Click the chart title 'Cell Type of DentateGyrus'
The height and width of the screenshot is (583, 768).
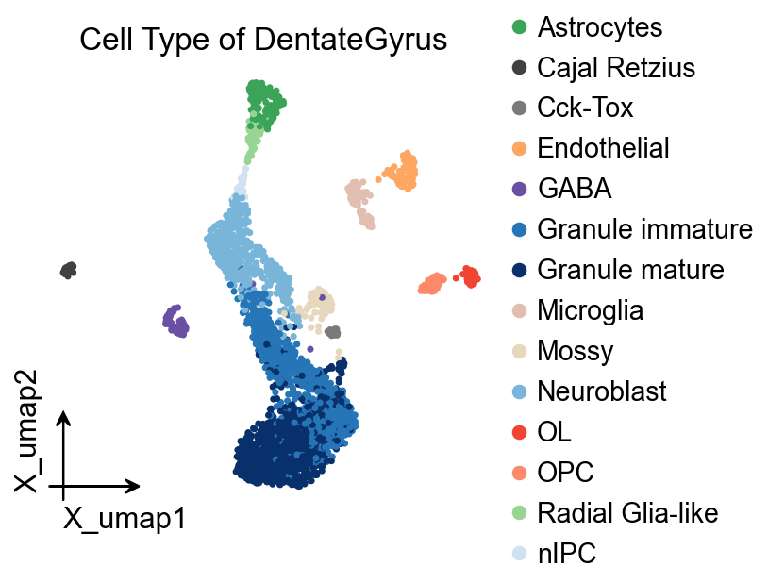[263, 42]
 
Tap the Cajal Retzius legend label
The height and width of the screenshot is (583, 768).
[616, 68]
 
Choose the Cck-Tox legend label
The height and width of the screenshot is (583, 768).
[585, 108]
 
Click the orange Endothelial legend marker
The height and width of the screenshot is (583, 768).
[518, 148]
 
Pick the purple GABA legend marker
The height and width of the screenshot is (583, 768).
[518, 189]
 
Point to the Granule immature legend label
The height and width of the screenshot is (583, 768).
[644, 229]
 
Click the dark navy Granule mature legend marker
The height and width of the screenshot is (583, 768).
[518, 270]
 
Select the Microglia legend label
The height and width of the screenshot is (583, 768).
[591, 310]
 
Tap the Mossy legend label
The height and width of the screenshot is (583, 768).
[576, 351]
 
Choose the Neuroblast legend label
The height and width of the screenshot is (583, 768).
[602, 391]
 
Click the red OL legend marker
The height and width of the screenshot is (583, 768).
[518, 431]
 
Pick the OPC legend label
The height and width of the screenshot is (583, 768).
[565, 472]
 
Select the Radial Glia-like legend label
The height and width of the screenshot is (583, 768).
[627, 512]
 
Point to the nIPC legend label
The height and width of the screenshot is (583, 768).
[566, 553]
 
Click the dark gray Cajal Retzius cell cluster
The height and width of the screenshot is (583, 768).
[68, 271]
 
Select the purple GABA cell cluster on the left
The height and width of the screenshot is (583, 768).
[175, 322]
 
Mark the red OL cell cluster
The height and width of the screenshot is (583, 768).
[468, 276]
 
